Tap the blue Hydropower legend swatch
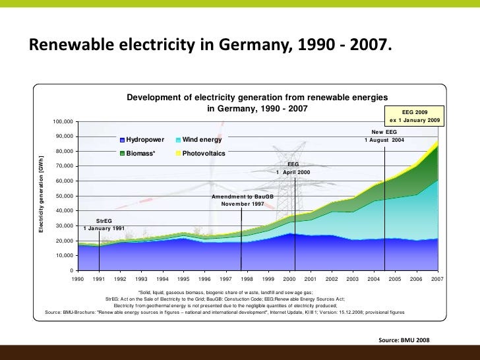(x=122, y=140)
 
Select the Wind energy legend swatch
(x=179, y=140)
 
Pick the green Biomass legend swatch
(x=122, y=154)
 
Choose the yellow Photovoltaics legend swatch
(x=179, y=154)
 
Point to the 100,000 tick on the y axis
(x=63, y=122)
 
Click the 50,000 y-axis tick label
(x=65, y=196)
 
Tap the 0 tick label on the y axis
(x=71, y=270)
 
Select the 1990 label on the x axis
(x=78, y=280)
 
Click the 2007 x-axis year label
(x=436, y=280)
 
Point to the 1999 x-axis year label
(x=268, y=280)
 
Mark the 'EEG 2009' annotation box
(x=415, y=116)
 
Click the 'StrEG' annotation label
(x=104, y=221)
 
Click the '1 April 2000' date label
(x=293, y=171)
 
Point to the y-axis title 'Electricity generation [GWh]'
(x=41, y=195)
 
